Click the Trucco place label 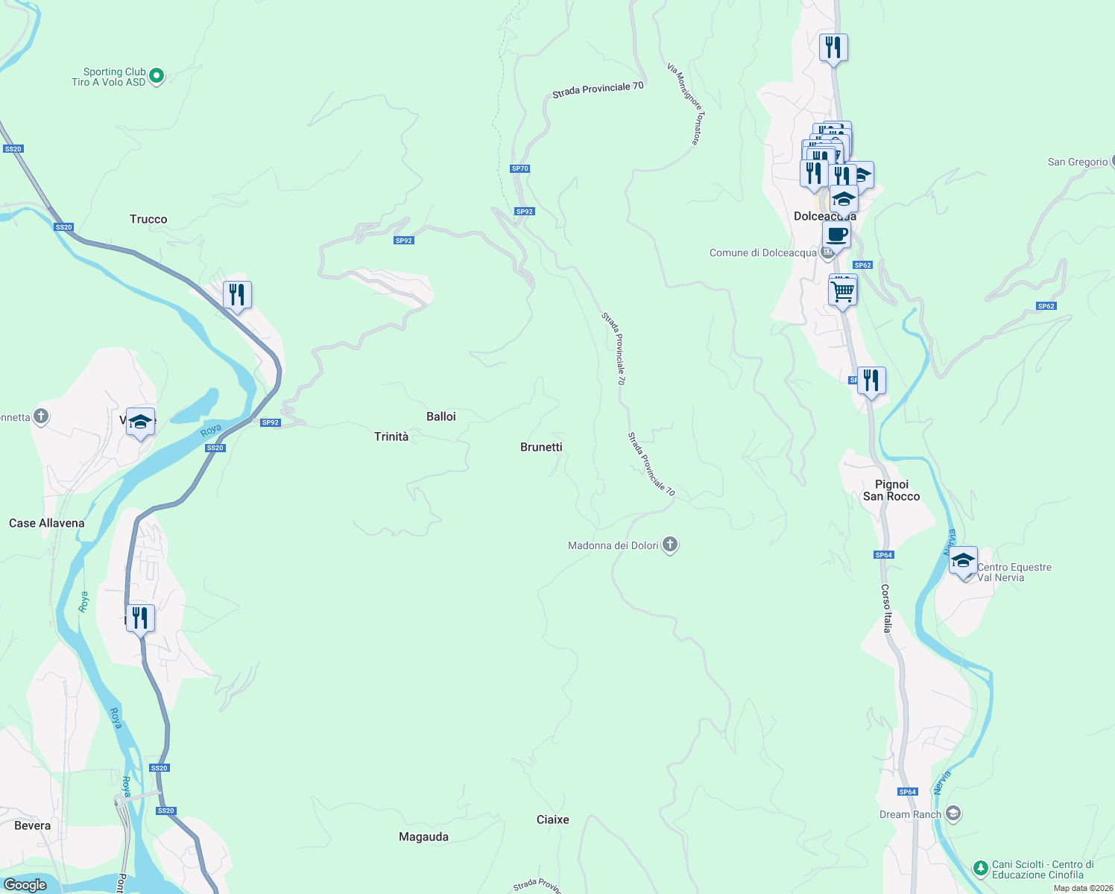[148, 219]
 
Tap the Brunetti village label [541, 447]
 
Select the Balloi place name [441, 416]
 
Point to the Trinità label [391, 437]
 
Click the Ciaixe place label [553, 819]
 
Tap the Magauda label [423, 837]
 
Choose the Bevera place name [33, 825]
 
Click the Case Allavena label [47, 523]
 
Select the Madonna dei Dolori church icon [670, 545]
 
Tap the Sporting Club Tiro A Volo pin [157, 75]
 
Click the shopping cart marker [842, 291]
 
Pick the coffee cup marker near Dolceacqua [837, 235]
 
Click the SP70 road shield [520, 168]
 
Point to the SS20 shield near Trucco [64, 227]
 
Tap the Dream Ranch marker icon [953, 814]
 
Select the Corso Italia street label [887, 608]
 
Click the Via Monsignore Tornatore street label [685, 104]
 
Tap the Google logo [25, 885]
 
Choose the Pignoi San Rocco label [891, 490]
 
